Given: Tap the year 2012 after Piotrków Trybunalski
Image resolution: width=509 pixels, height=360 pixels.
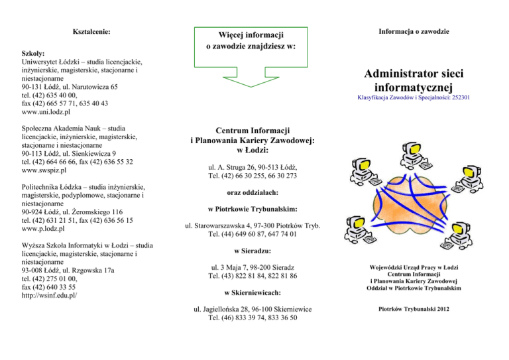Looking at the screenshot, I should [443, 309].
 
